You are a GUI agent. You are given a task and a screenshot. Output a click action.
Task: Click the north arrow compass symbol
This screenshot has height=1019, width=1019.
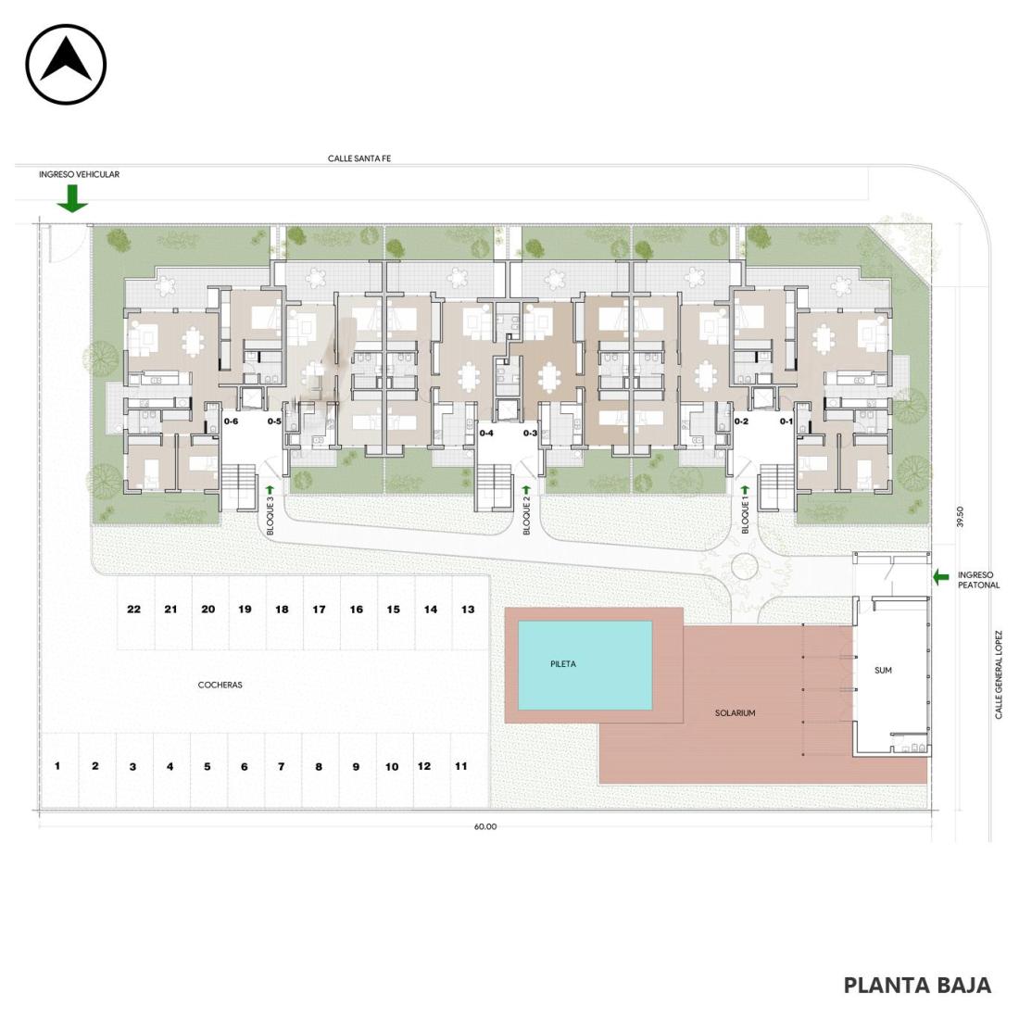pyautogui.click(x=66, y=64)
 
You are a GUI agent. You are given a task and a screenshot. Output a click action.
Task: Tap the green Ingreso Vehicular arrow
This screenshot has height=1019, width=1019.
pyautogui.click(x=72, y=198)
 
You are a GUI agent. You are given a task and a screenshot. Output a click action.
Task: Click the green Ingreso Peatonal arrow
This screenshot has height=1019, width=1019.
pyautogui.click(x=940, y=576)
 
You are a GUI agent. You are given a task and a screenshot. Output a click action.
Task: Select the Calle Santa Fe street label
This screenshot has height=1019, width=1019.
pyautogui.click(x=359, y=158)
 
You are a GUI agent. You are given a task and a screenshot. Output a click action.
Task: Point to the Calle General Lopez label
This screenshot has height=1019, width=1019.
pyautogui.click(x=999, y=674)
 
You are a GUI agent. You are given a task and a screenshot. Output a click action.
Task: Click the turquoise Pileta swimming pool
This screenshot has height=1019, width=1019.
pyautogui.click(x=585, y=665)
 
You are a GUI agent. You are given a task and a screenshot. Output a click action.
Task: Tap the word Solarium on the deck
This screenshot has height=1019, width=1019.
pyautogui.click(x=735, y=713)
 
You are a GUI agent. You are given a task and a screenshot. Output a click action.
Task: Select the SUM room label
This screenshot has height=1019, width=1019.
pyautogui.click(x=883, y=670)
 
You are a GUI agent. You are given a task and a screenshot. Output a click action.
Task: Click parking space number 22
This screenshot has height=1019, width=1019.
pyautogui.click(x=134, y=609)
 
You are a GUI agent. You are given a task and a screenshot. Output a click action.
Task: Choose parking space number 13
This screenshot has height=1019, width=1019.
pyautogui.click(x=468, y=609)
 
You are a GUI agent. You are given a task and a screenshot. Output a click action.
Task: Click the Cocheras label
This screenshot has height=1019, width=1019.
pyautogui.click(x=220, y=685)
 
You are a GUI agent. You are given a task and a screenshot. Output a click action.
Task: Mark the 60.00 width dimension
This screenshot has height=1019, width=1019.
pyautogui.click(x=484, y=826)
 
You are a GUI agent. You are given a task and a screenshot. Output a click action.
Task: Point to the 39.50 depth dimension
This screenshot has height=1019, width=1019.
pyautogui.click(x=960, y=517)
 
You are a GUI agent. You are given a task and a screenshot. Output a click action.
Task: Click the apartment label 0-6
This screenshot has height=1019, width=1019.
pyautogui.click(x=231, y=421)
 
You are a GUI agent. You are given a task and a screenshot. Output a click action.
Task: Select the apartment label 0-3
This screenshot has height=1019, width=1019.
pyautogui.click(x=530, y=433)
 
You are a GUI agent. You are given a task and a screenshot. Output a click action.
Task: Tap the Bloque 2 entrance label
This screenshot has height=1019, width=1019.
pyautogui.click(x=527, y=515)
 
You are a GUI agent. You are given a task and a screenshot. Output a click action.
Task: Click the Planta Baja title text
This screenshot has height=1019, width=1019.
pyautogui.click(x=917, y=986)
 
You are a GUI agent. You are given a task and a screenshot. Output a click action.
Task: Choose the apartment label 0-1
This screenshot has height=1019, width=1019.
pyautogui.click(x=786, y=421)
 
